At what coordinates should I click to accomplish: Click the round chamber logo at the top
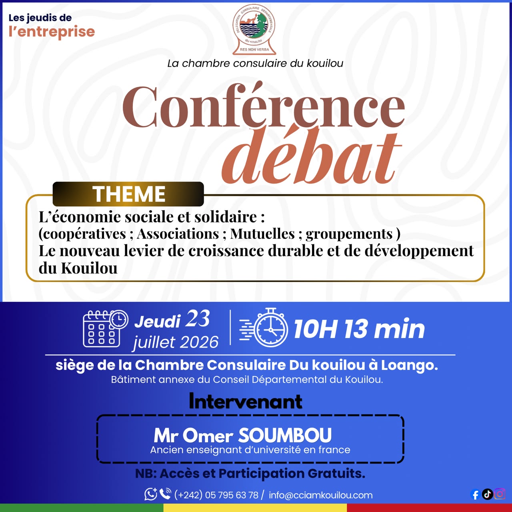click(254, 29)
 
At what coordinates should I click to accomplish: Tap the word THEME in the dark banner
click(128, 194)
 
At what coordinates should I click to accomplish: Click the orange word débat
click(311, 157)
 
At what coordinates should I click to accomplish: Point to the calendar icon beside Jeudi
click(105, 328)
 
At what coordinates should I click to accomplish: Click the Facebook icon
click(475, 494)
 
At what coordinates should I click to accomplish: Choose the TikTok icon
click(488, 494)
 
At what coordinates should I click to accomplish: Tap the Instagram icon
click(500, 494)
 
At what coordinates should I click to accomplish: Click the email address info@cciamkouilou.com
click(321, 495)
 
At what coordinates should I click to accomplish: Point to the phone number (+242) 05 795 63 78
click(216, 495)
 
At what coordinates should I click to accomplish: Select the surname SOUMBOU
click(285, 435)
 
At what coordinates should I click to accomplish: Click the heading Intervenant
click(246, 401)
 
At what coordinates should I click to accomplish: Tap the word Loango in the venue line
click(410, 366)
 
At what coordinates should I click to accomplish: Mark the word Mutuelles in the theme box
click(262, 234)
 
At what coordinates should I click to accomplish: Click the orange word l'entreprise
click(52, 32)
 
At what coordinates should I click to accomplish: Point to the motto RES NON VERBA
click(254, 50)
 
